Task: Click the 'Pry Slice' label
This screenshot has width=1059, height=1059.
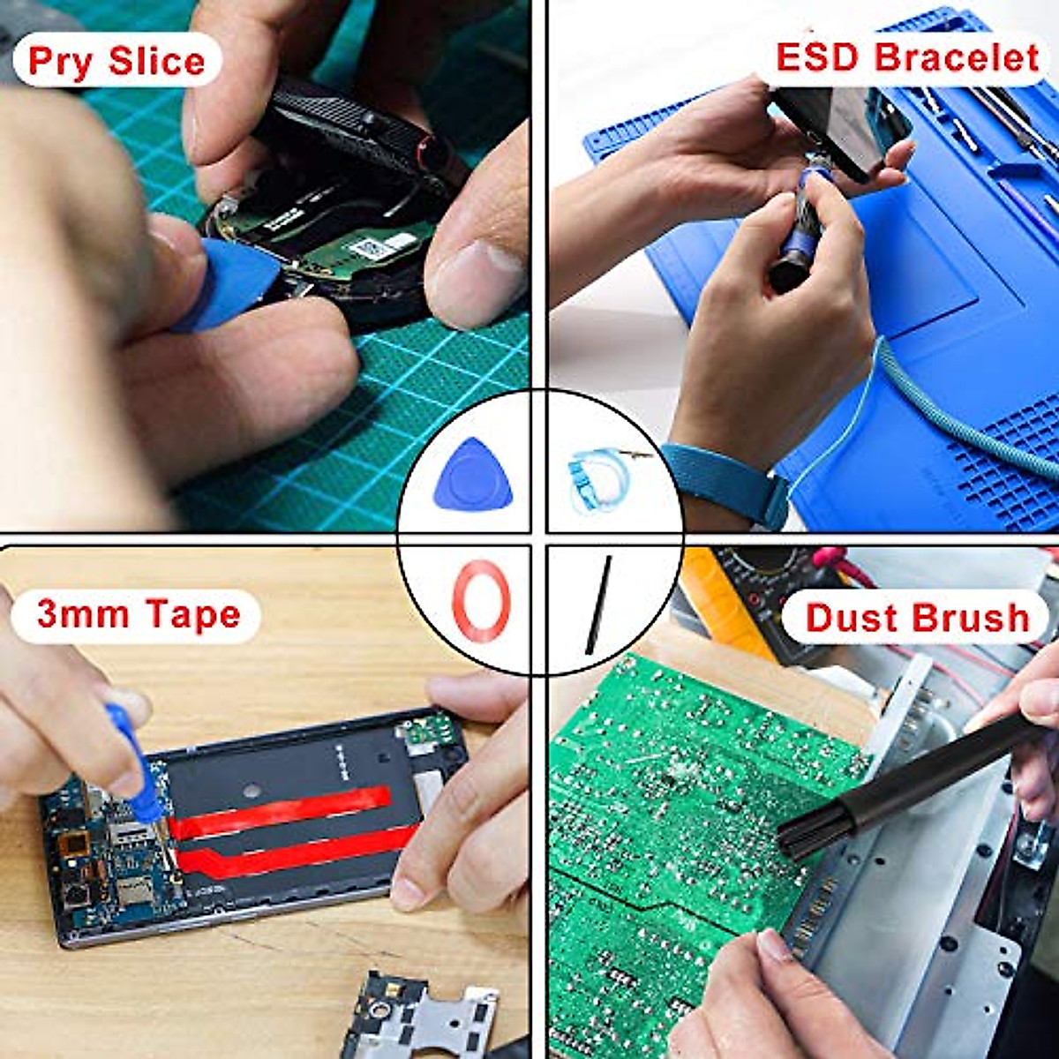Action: coord(116,60)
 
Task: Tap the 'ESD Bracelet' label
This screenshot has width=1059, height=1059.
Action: coord(907,57)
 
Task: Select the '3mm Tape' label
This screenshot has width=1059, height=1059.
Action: coord(139,614)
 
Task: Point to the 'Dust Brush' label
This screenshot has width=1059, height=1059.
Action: coord(918,618)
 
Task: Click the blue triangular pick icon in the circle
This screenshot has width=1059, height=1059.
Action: coord(473,475)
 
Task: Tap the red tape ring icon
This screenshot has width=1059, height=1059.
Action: coord(481,600)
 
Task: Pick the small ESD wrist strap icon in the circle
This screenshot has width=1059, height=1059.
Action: coord(600,477)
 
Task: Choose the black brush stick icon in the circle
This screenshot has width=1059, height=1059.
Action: coord(598,605)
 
